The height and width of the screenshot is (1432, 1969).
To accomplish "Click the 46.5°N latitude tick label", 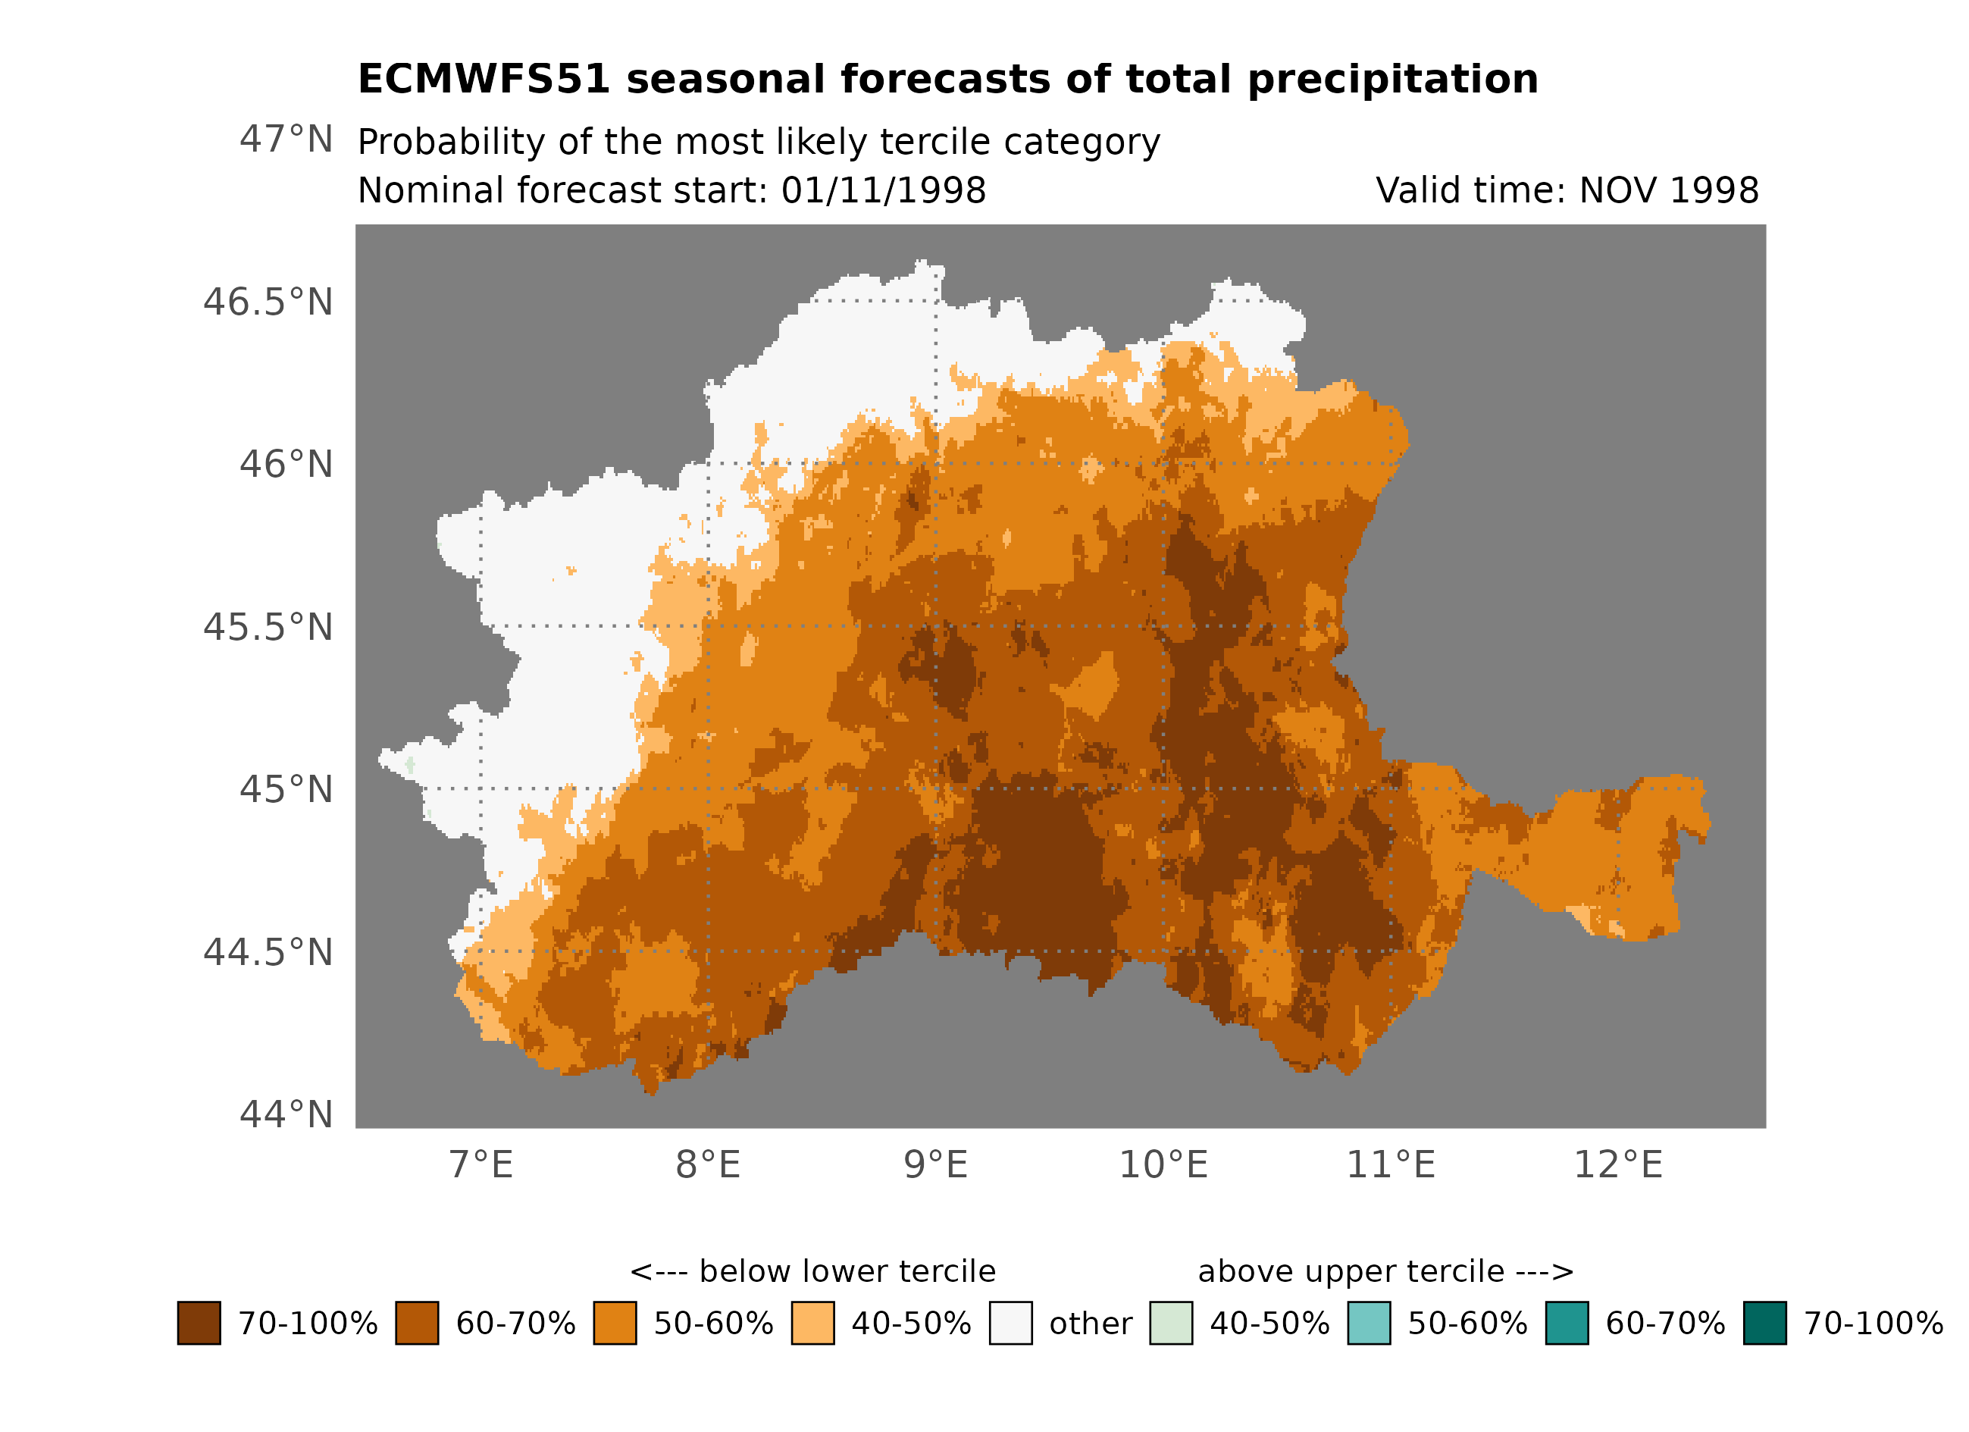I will (268, 302).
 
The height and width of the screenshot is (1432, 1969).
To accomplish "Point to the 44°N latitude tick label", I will (286, 1114).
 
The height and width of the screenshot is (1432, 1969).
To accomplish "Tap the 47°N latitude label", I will (286, 139).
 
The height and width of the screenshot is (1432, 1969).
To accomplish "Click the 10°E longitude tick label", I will (1163, 1164).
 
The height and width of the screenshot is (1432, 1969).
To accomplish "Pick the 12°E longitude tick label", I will (1617, 1164).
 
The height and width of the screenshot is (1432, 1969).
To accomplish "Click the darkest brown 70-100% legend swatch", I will (199, 1323).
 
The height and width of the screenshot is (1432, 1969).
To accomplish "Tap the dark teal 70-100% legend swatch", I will (1764, 1323).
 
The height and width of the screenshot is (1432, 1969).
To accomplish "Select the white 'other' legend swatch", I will (1010, 1323).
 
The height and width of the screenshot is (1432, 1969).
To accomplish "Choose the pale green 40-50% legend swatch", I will (1170, 1323).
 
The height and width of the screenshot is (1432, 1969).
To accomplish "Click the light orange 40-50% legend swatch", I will (812, 1323).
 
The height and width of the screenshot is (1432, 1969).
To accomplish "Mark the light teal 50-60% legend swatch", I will (1368, 1323).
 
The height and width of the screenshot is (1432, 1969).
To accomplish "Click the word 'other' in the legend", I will (1091, 1324).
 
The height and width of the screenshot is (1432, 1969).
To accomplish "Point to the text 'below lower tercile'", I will (847, 1271).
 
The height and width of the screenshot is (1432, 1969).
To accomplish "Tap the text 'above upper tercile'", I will (1350, 1271).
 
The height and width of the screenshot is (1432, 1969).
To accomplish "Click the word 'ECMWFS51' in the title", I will (484, 79).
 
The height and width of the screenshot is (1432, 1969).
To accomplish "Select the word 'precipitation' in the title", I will (1392, 79).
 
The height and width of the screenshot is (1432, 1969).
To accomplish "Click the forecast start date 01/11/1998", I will (883, 190).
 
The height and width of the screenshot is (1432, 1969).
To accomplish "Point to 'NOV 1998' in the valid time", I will (1669, 190).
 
